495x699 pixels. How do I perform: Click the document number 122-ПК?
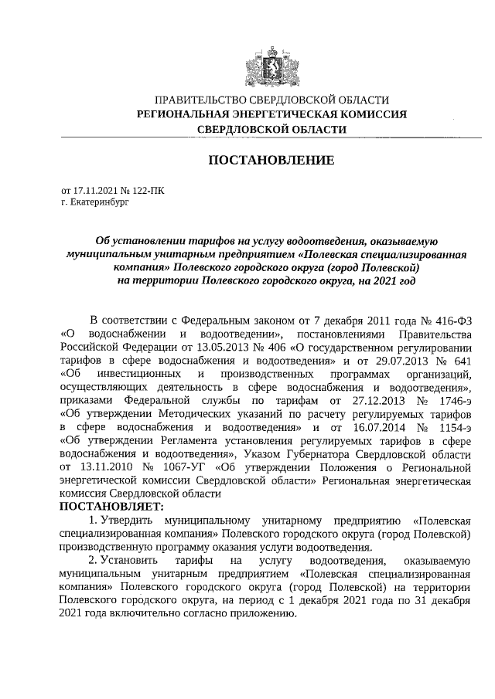tap(147, 188)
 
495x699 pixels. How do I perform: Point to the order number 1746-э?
tap(448, 402)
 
